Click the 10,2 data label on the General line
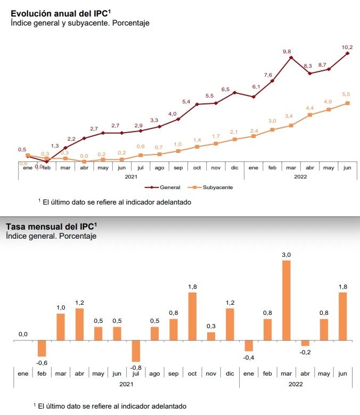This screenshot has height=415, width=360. pos(347,47)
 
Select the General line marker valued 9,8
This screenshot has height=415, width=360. pos(291,57)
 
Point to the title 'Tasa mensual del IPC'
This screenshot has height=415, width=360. pos(51,225)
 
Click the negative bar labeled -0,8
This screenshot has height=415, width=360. pos(136,351)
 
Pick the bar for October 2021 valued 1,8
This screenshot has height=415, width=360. pos(192,316)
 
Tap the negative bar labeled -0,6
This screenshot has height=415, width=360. pos(42,348)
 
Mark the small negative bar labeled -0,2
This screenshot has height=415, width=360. pos(305,343)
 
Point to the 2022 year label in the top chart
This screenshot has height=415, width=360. pos(300,176)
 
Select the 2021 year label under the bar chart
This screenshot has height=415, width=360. pos(126,384)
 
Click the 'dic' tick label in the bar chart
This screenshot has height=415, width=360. pos(230,373)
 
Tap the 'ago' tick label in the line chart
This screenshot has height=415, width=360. pos(159,168)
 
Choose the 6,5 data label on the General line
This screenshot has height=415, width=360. pos(225,89)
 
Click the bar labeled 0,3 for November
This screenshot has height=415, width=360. pos(211,336)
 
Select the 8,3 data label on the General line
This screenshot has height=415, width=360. pos(308,66)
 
